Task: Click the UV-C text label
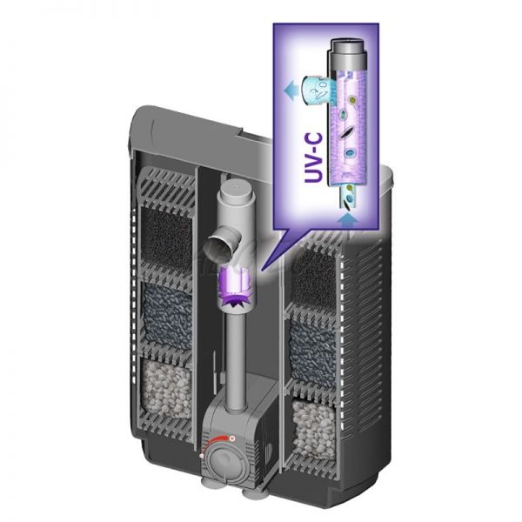point(313,157)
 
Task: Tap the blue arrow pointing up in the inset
point(347,220)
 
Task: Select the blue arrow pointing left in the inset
point(291,90)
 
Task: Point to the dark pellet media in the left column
point(167,317)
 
